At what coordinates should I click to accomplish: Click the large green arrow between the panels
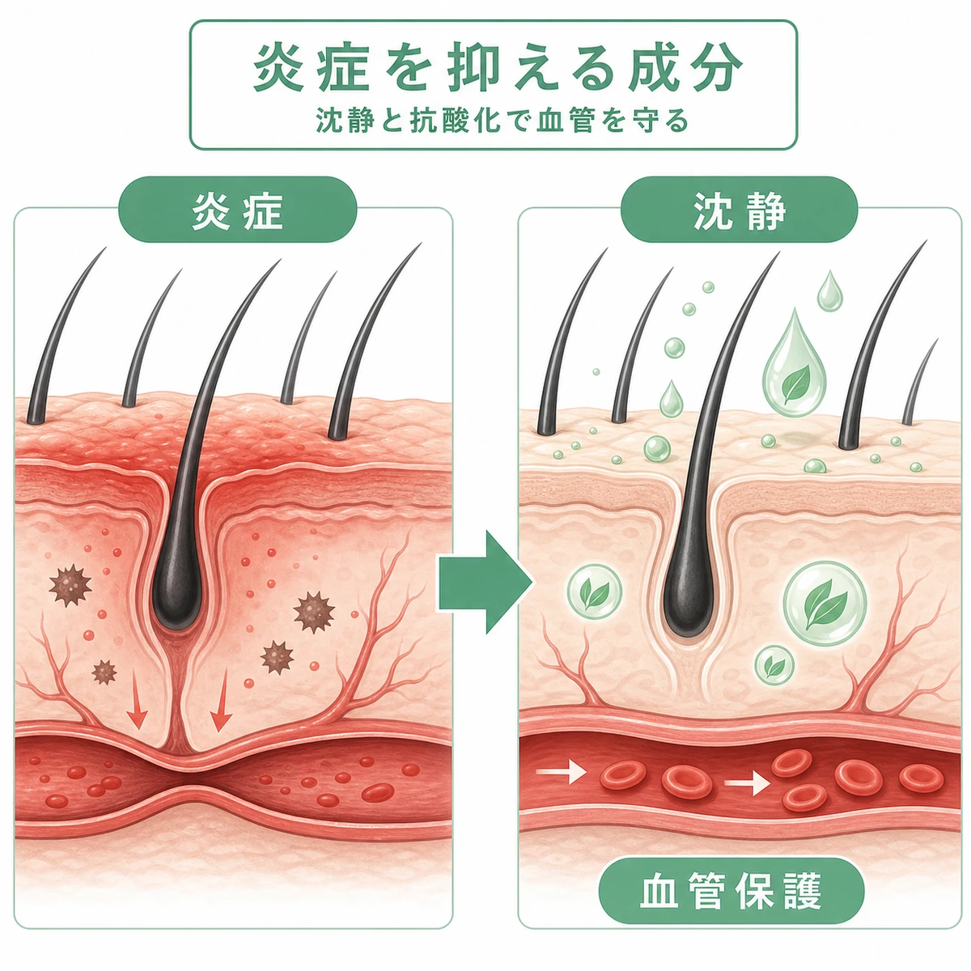(x=485, y=582)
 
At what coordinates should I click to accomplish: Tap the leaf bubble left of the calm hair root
(x=595, y=592)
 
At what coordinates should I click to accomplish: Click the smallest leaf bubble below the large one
(x=774, y=664)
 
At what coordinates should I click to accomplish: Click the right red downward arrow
(x=221, y=701)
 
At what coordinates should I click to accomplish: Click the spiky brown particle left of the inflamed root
(x=70, y=585)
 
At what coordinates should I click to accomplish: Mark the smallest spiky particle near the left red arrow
(x=104, y=672)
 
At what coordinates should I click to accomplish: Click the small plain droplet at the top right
(x=829, y=292)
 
